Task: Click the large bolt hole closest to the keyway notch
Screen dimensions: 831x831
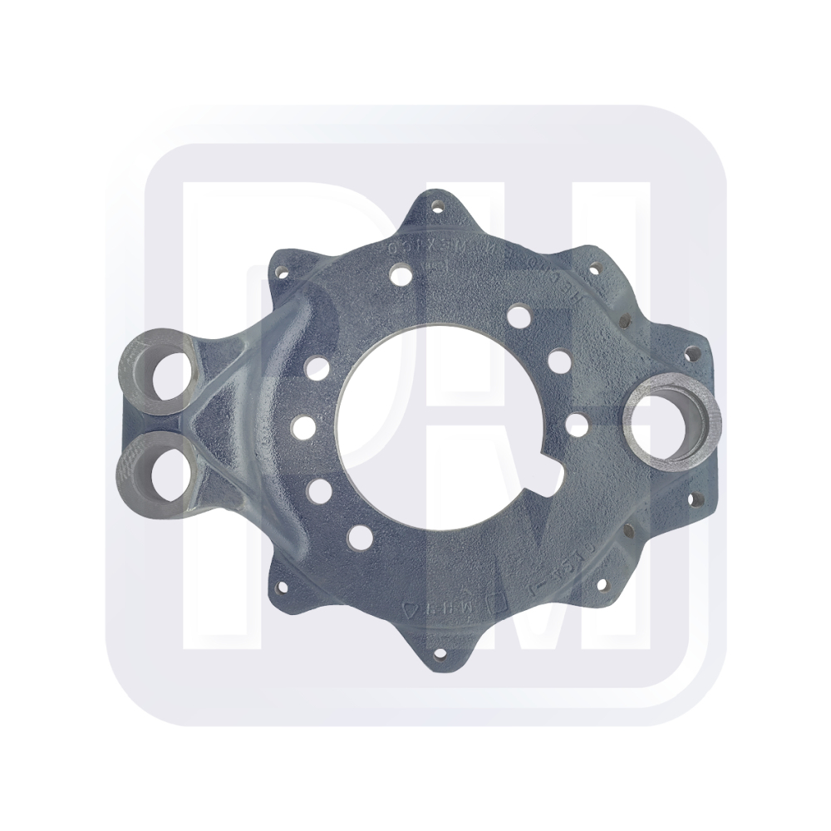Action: tap(577, 420)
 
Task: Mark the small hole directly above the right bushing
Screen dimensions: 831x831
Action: tap(688, 353)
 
